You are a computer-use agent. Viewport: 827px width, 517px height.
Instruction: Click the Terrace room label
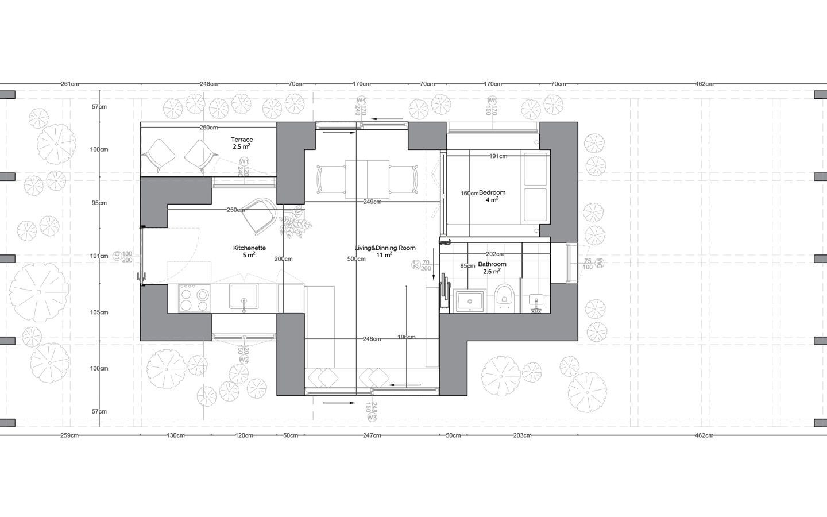click(x=242, y=140)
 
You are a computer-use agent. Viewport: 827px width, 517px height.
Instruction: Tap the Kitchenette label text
click(x=249, y=248)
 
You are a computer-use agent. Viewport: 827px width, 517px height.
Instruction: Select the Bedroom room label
click(x=492, y=192)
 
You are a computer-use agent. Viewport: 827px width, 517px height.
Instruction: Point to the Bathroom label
click(x=492, y=264)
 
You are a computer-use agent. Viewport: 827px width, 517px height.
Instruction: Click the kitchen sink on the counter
click(x=244, y=296)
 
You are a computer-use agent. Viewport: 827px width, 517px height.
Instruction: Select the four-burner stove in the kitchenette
click(x=194, y=297)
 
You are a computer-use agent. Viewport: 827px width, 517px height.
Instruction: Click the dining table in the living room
click(x=367, y=179)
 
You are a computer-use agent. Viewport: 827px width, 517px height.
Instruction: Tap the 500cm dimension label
click(x=356, y=259)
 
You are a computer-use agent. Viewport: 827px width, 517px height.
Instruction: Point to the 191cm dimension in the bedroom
click(x=498, y=156)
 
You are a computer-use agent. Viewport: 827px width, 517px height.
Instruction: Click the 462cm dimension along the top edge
click(x=704, y=84)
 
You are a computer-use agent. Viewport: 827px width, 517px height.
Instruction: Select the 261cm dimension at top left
click(x=69, y=84)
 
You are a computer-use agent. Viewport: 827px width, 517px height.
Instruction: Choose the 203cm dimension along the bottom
click(x=522, y=435)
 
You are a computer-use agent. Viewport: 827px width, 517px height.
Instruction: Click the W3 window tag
click(x=372, y=418)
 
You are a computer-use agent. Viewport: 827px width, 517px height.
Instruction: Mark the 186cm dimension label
click(x=406, y=337)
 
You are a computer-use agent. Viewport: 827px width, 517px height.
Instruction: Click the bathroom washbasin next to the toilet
click(x=470, y=300)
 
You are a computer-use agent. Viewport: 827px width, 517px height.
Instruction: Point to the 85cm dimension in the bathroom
click(x=467, y=266)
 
